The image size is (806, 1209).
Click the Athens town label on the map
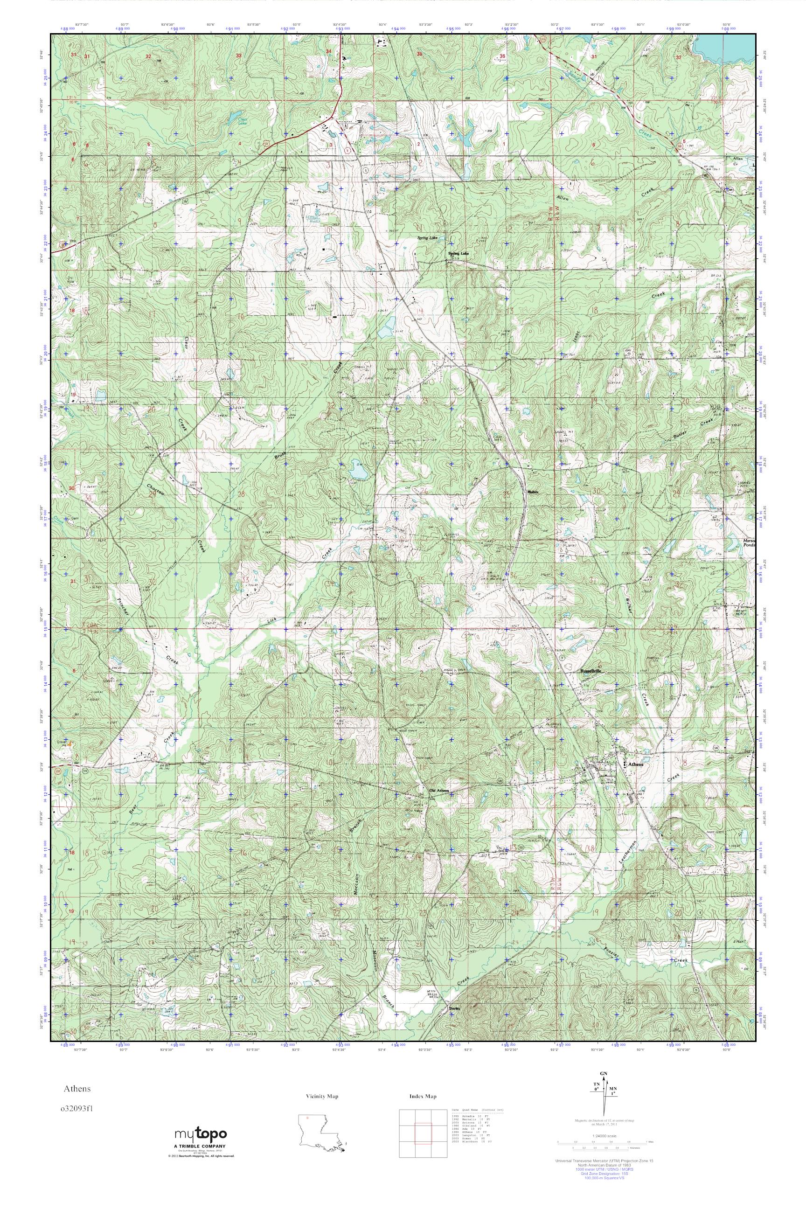pos(633,764)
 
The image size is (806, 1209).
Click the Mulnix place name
pos(533,492)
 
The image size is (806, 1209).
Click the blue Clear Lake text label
pos(243,122)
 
